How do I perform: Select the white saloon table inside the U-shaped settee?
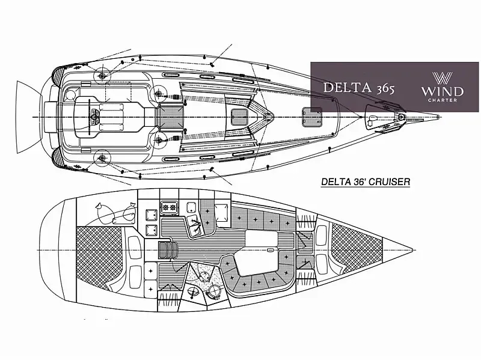tap(256, 262)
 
